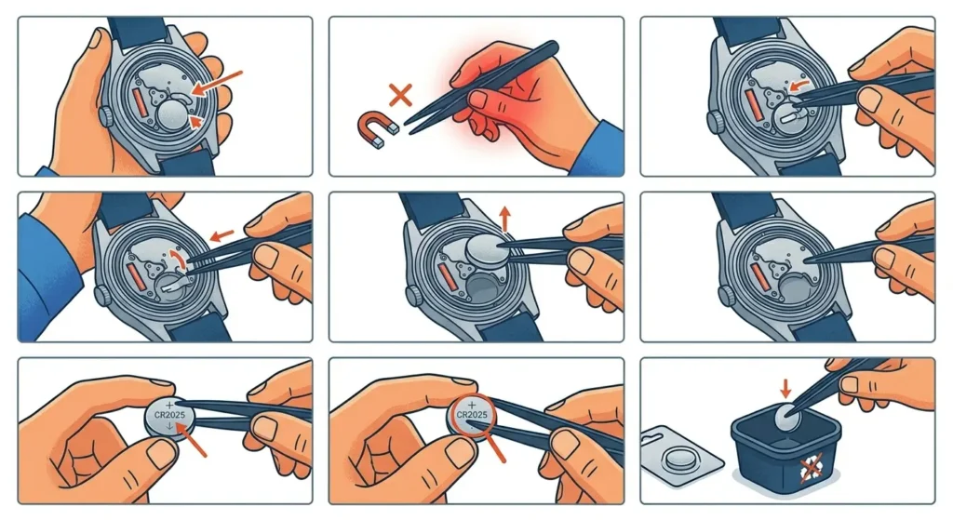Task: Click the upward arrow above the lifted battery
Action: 505,219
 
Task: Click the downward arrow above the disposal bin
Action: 783,382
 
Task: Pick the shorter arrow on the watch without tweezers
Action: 193,121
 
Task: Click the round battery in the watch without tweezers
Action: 172,116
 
